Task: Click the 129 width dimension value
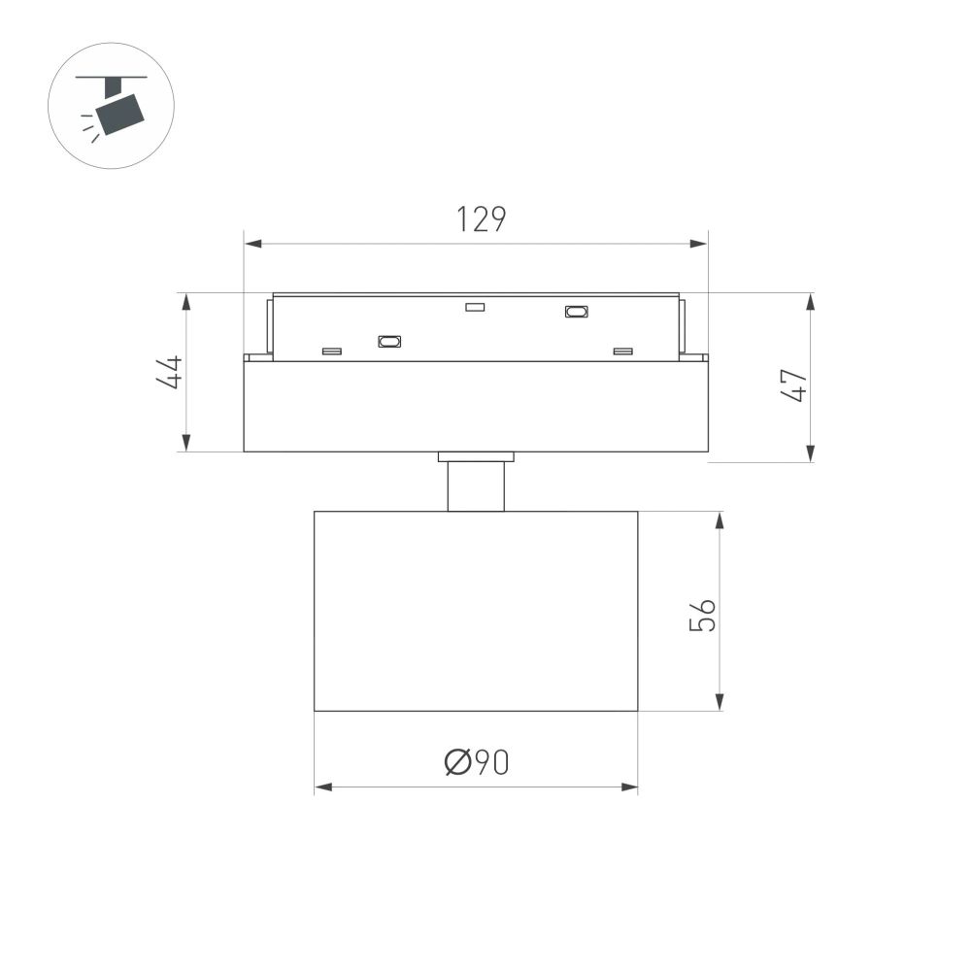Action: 482,220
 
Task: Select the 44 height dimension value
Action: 170,372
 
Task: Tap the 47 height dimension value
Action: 795,385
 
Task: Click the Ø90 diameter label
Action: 477,763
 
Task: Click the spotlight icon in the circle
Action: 111,106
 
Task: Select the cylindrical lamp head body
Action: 476,611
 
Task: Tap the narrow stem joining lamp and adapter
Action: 476,486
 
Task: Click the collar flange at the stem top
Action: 476,456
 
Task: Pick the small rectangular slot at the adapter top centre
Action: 475,308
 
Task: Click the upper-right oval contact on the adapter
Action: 577,312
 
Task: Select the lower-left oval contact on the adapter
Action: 389,341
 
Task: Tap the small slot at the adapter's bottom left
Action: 332,351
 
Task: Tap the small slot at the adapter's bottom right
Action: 622,351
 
